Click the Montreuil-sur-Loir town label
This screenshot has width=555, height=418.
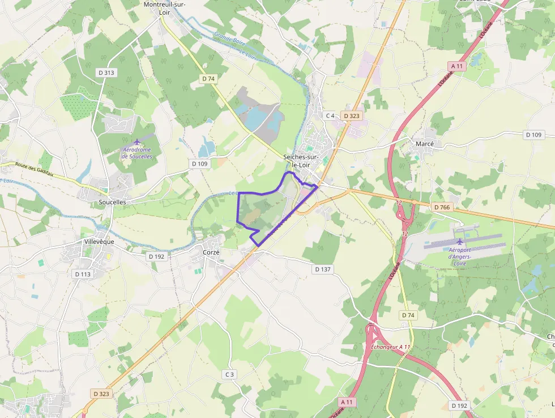(x=165, y=8)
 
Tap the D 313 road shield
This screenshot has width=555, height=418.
(x=106, y=72)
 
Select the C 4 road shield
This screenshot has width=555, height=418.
(x=330, y=116)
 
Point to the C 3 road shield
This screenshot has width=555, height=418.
(x=229, y=374)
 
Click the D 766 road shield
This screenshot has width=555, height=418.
(x=442, y=208)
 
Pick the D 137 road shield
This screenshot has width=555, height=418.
(x=322, y=269)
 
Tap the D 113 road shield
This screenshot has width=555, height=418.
(x=82, y=274)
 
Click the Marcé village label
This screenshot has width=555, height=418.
(x=425, y=144)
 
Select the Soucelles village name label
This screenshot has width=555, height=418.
(x=112, y=202)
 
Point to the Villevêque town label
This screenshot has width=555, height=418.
(x=95, y=241)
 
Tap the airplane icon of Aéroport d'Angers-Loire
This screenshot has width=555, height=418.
(x=460, y=242)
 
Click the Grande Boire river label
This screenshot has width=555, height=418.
(x=228, y=39)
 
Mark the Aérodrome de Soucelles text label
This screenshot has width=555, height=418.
(x=137, y=153)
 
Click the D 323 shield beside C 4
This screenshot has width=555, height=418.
(x=352, y=116)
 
